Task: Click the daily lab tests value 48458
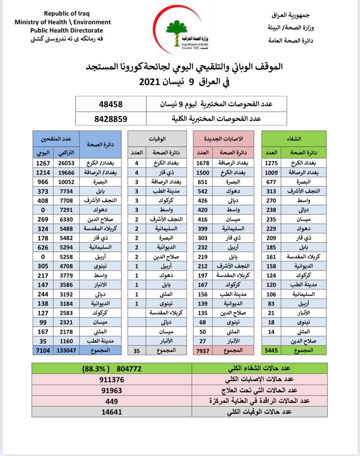[111, 104]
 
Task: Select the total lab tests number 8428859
[111, 119]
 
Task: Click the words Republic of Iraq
[67, 14]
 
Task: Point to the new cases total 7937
[203, 351]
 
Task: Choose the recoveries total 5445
[271, 351]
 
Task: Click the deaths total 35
[137, 351]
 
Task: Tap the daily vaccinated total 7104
[43, 350]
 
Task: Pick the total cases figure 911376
[112, 380]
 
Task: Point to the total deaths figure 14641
[112, 412]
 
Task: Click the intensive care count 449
[112, 401]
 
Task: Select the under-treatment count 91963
[112, 390]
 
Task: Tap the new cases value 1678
[203, 163]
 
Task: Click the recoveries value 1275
[271, 163]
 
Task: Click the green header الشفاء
[294, 139]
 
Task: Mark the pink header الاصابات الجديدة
[223, 139]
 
